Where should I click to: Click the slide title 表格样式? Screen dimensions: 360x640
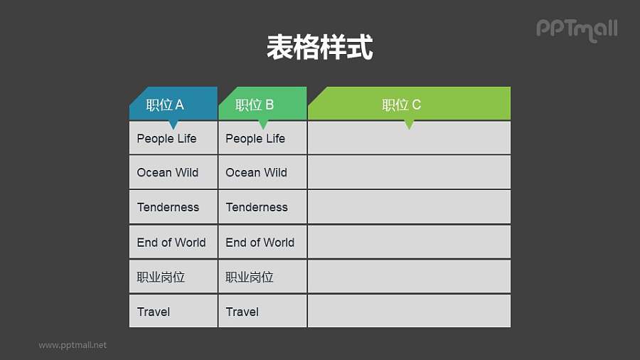[x=319, y=48]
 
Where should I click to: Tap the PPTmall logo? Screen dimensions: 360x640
[x=577, y=29]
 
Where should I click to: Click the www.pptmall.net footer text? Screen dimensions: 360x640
[x=73, y=345]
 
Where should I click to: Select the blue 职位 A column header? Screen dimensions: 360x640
[x=173, y=104]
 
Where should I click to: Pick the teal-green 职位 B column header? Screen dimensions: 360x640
[x=262, y=104]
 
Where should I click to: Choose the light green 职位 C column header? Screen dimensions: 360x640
[x=409, y=104]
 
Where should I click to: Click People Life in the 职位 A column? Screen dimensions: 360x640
[x=166, y=138]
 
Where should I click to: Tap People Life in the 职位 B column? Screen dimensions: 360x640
[x=255, y=138]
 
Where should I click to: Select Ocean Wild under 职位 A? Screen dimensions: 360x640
[x=168, y=172]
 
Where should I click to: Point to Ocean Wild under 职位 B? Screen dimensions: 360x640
[x=256, y=172]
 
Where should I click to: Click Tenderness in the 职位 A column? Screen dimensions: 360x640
[x=168, y=207]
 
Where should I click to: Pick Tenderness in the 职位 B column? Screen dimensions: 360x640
[x=257, y=207]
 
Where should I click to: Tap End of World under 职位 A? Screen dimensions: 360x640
[x=171, y=242]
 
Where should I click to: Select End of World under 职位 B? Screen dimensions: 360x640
[x=260, y=242]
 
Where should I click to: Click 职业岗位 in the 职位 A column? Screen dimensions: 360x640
[x=161, y=277]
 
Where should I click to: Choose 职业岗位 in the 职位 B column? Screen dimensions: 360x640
[x=250, y=277]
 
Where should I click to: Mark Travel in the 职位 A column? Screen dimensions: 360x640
[x=154, y=312]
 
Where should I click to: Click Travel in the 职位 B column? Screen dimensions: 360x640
[x=242, y=312]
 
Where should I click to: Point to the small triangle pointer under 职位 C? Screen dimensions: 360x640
[x=409, y=125]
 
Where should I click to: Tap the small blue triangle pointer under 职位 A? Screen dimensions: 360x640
[x=173, y=125]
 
